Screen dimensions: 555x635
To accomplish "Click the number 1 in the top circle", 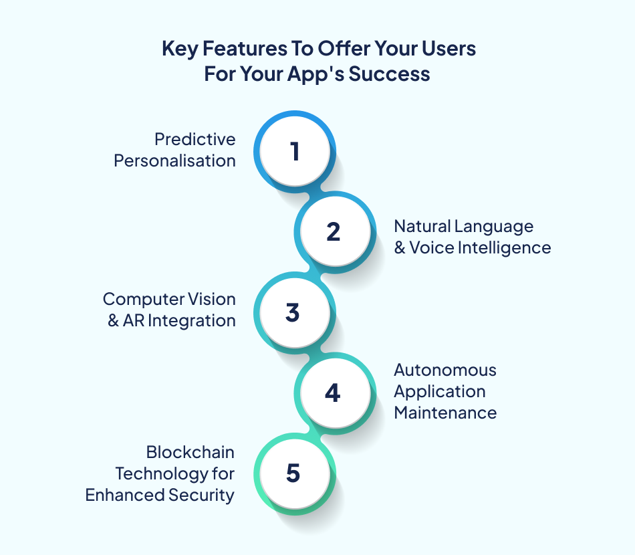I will (x=294, y=152).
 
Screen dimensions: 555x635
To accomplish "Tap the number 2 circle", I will (x=334, y=232).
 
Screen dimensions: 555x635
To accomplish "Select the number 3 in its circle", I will (x=293, y=313).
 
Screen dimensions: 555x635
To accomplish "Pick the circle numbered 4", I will (x=333, y=393).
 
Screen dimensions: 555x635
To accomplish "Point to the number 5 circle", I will (x=293, y=473).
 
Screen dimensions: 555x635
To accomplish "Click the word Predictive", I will (x=195, y=139).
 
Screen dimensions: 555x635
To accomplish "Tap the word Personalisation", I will (x=175, y=160).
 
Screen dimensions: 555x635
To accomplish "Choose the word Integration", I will (x=191, y=320).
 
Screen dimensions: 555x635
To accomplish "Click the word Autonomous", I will (x=445, y=370).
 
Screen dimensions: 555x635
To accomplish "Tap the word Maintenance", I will (x=445, y=413).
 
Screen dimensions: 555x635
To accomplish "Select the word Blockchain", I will (x=190, y=452).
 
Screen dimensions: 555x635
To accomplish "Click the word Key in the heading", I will (x=176, y=49).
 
